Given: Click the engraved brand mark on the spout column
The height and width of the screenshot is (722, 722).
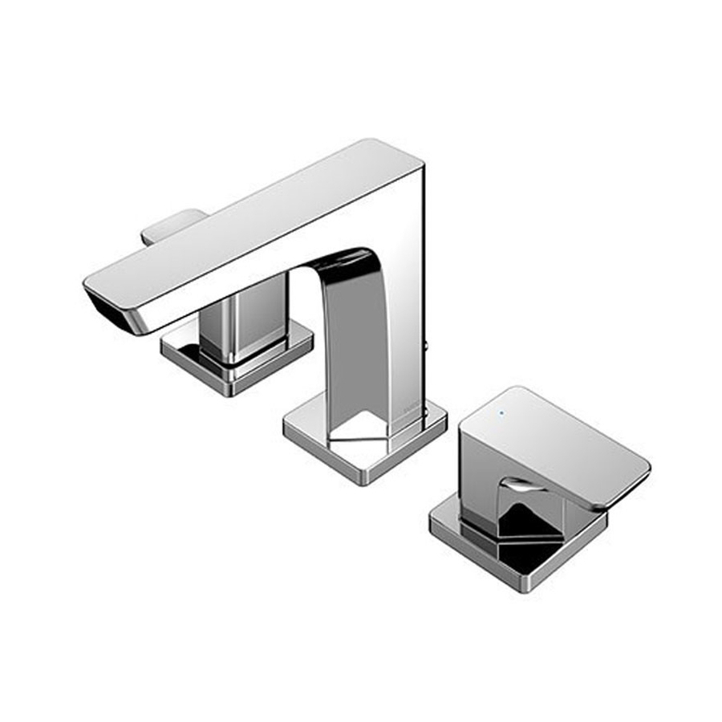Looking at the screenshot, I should point(410,410).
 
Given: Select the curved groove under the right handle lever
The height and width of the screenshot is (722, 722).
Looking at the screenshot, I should point(517,485).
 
